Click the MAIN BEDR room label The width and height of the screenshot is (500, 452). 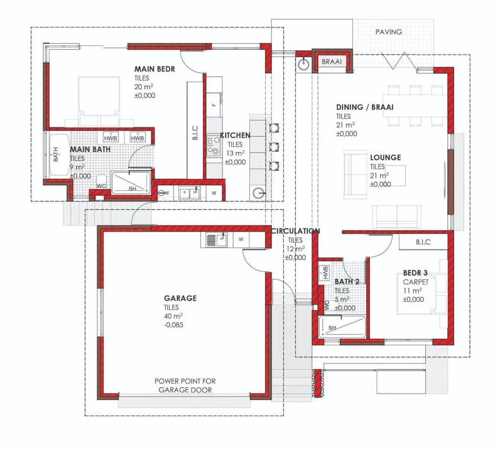tap(155, 69)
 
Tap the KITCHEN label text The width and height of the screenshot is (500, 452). tap(235, 136)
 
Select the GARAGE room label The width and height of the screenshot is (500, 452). tap(180, 298)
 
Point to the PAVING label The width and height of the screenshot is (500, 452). tap(388, 32)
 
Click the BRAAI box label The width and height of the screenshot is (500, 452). tap(332, 62)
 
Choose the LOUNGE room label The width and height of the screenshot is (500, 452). tap(386, 158)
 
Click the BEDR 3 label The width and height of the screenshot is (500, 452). tap(415, 273)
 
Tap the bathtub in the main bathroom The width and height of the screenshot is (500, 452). tap(60, 155)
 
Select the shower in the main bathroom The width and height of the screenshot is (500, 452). tap(131, 183)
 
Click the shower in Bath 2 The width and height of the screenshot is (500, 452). tap(342, 327)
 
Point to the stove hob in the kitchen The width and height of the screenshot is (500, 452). tap(214, 146)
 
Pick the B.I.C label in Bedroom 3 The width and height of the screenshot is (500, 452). tap(423, 242)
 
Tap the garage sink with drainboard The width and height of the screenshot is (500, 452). tap(216, 240)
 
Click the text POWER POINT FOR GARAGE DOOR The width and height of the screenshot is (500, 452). tap(185, 385)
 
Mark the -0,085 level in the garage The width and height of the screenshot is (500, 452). tap(173, 325)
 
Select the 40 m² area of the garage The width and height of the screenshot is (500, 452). tap(173, 316)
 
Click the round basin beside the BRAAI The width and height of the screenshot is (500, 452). tap(303, 65)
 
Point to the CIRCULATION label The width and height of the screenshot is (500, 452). tap(295, 231)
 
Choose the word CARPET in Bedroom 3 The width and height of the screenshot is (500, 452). tap(416, 282)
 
